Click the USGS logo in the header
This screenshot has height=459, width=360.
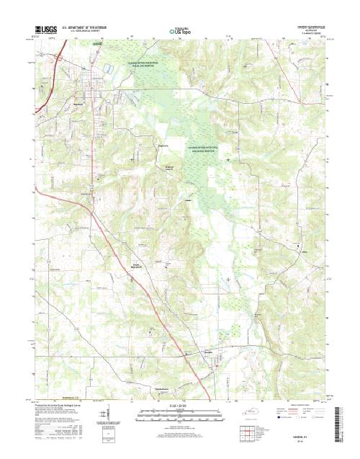click(45, 30)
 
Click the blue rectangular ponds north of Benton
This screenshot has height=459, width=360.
click(107, 68)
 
